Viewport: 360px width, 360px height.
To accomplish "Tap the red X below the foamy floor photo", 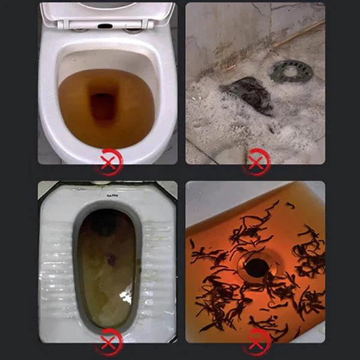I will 256,162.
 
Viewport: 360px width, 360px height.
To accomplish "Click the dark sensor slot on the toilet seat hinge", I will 106,28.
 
